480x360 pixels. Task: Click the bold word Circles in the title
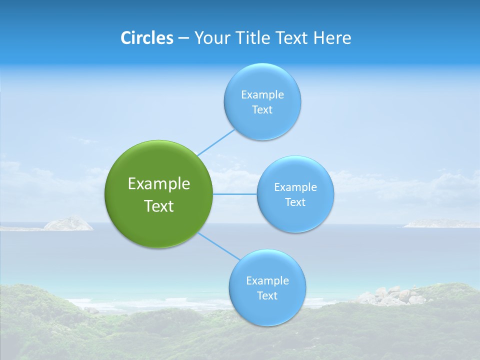146,38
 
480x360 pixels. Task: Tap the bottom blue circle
267,310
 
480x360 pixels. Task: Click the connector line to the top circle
216,142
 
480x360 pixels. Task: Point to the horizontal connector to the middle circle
234,194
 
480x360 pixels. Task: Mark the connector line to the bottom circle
219,246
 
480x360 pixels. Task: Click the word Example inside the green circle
159,184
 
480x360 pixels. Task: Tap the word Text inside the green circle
159,206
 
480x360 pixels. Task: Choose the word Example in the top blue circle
262,94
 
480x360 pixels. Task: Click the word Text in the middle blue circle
295,202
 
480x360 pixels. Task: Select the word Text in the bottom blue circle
267,295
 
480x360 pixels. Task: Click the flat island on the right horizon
440,223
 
